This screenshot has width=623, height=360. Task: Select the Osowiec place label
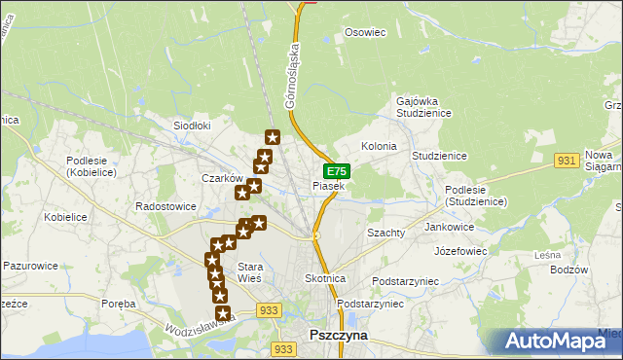[x=366, y=32]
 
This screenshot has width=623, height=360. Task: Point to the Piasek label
[x=328, y=185]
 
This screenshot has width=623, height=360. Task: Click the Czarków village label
[x=221, y=178]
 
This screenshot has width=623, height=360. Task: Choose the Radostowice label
[x=166, y=207]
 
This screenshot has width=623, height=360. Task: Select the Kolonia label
[x=379, y=146]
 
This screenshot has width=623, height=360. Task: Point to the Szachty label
[x=385, y=234]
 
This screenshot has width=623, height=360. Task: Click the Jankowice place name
[x=450, y=227]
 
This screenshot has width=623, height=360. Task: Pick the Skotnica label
[x=325, y=278]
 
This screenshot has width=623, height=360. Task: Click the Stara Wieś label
[x=250, y=272]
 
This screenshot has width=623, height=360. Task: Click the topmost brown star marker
[x=273, y=138]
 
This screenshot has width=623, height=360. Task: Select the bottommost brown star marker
[x=223, y=313]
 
